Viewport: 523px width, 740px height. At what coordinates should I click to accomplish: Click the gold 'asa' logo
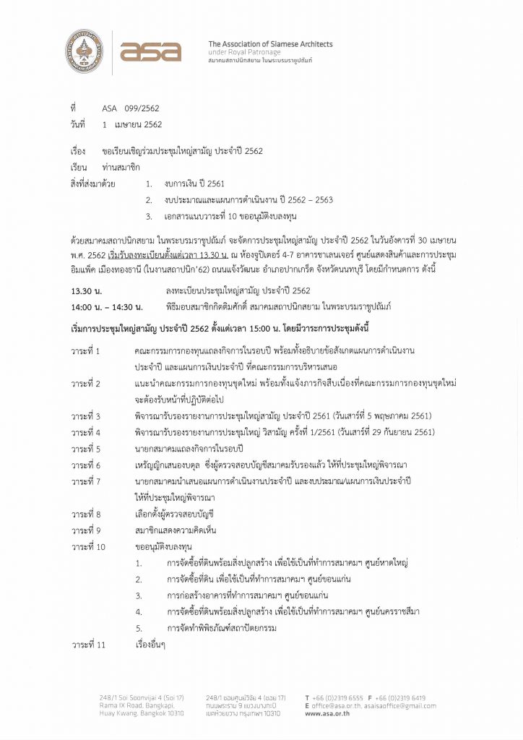pyautogui.click(x=150, y=51)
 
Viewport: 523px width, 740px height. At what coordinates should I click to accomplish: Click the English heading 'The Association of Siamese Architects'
pyautogui.click(x=270, y=44)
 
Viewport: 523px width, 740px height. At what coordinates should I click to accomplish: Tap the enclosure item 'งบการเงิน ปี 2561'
pyautogui.click(x=195, y=184)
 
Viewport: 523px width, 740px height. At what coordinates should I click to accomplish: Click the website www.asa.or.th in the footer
pyautogui.click(x=329, y=713)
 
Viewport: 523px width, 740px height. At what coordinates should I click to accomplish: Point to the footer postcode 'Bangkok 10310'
pyautogui.click(x=159, y=713)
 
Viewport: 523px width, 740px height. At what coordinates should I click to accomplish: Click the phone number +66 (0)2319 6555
pyautogui.click(x=338, y=698)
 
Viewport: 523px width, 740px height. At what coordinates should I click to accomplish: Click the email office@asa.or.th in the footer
pyautogui.click(x=339, y=705)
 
